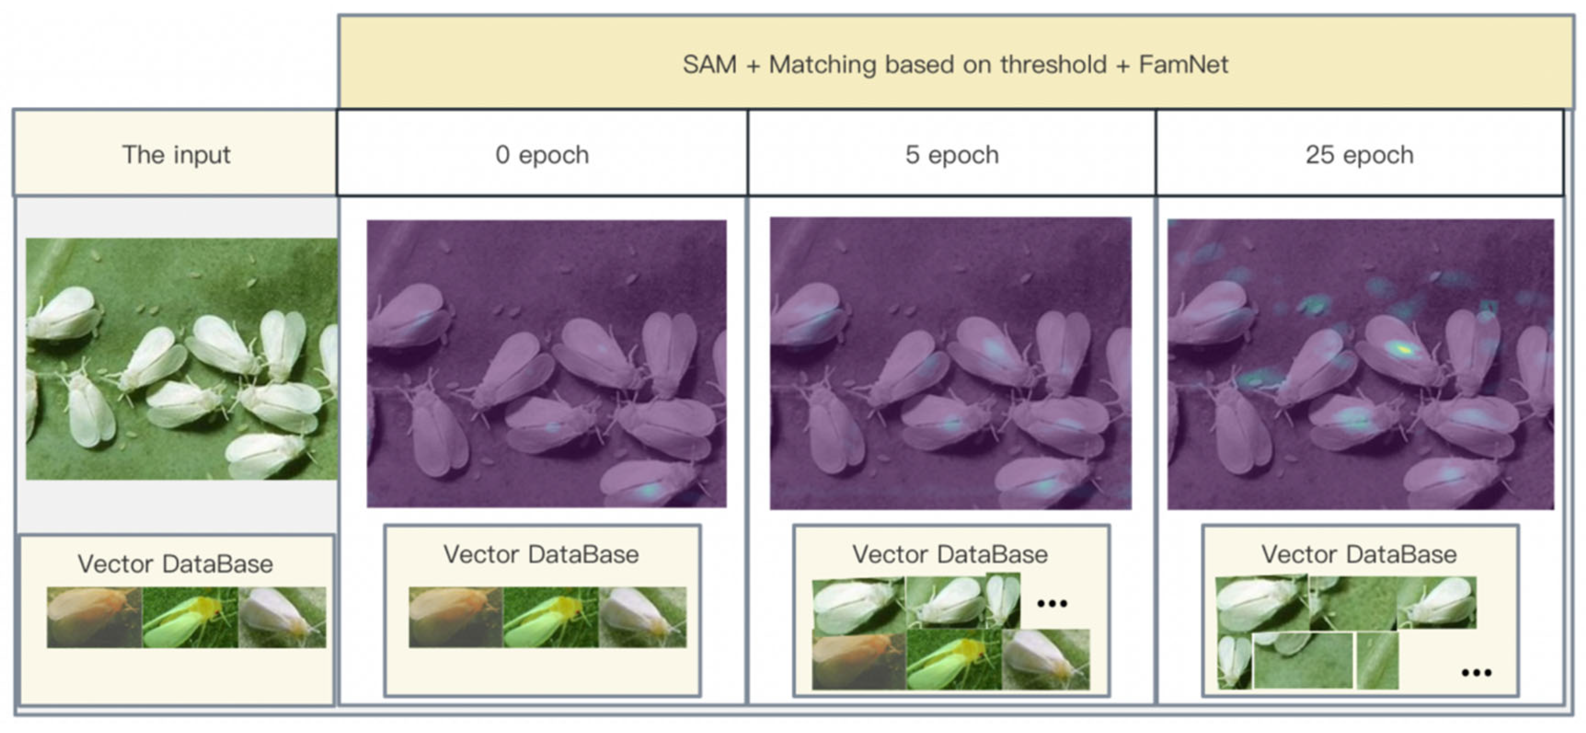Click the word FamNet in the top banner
click(x=1184, y=64)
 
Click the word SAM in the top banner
click(x=709, y=64)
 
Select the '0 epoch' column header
click(x=542, y=155)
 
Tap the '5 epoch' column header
click(x=952, y=155)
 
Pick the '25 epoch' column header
click(x=1359, y=155)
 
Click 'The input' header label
click(x=176, y=155)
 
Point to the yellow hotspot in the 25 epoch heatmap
click(x=1402, y=349)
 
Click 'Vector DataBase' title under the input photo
click(x=175, y=564)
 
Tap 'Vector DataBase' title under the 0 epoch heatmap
click(x=541, y=555)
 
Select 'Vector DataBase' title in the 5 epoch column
click(x=950, y=555)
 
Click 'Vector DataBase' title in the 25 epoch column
click(x=1359, y=555)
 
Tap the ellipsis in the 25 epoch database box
click(x=1477, y=673)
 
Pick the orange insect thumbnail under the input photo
click(x=94, y=617)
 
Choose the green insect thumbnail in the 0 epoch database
click(x=551, y=617)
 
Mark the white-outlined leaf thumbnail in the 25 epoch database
click(x=1303, y=660)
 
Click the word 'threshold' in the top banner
click(x=1053, y=64)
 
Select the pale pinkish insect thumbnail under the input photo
click(x=282, y=617)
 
